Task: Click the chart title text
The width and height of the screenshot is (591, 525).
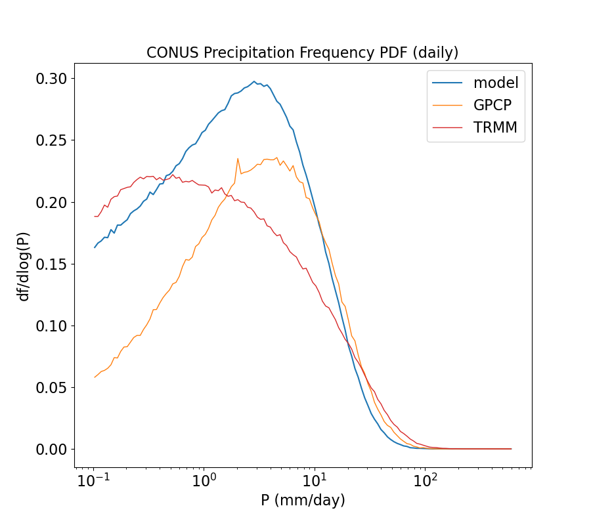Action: point(302,52)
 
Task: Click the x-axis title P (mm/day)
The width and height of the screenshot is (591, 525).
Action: point(303,500)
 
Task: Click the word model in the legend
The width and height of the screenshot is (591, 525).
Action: point(496,83)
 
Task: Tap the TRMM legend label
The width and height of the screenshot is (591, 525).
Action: point(495,128)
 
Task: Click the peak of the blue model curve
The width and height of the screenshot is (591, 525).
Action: point(254,81)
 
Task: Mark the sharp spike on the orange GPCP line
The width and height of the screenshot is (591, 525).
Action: point(238,158)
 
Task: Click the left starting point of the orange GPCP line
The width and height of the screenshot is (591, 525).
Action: point(95,377)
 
